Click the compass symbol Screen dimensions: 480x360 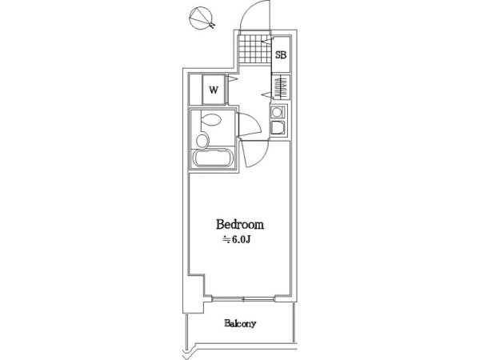[x=201, y=18]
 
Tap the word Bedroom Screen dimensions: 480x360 [x=240, y=224]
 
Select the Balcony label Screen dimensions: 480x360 [x=240, y=323]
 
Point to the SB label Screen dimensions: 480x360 [x=281, y=55]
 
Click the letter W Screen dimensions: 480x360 [x=214, y=90]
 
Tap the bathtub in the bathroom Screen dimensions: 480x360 [x=213, y=158]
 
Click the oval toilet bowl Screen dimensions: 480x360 [x=211, y=119]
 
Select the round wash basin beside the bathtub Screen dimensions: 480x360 [x=202, y=141]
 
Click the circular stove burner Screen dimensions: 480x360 [x=277, y=112]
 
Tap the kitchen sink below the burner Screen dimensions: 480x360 [x=278, y=127]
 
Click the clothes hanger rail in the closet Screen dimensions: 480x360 [x=281, y=86]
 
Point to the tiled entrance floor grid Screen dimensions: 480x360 [x=255, y=49]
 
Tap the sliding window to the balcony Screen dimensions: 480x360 [x=243, y=298]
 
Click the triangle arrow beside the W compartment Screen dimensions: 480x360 [x=233, y=79]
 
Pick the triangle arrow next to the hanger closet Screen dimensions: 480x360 [x=266, y=94]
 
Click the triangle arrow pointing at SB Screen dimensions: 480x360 [x=269, y=40]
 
